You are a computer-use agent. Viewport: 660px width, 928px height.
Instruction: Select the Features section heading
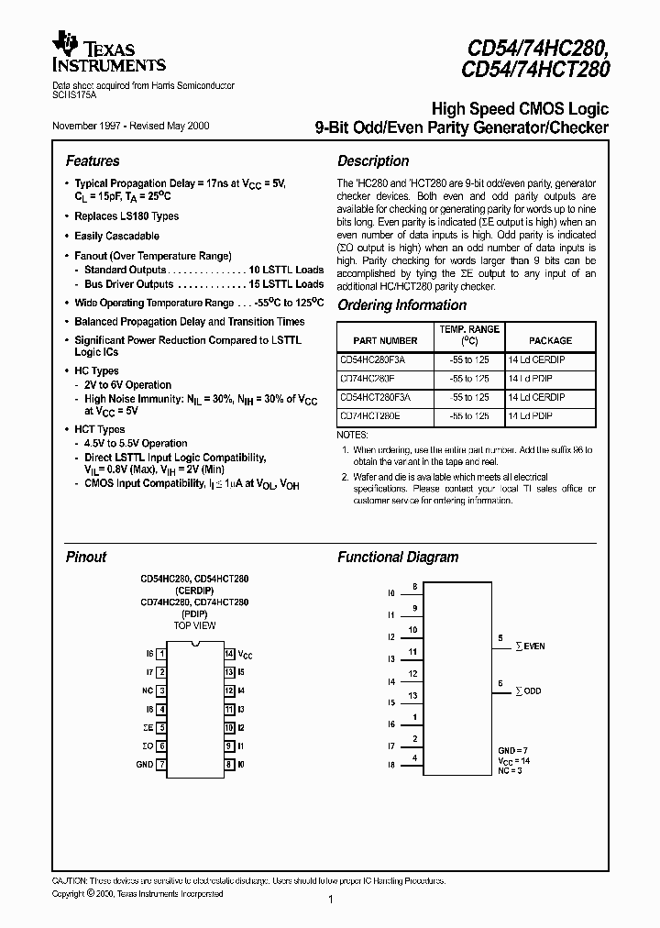[93, 160]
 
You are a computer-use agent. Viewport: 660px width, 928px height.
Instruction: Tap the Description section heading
[372, 160]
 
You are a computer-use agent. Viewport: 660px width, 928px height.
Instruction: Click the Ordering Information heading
[401, 305]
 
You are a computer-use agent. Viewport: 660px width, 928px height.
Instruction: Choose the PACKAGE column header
[550, 340]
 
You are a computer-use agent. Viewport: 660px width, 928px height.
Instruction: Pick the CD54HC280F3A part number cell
[373, 360]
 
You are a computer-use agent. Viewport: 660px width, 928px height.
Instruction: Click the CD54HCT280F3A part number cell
[376, 397]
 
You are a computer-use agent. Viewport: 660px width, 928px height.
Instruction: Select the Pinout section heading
[86, 557]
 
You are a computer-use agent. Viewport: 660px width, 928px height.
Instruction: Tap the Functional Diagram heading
[398, 557]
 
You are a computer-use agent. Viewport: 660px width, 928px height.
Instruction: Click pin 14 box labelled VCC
[229, 654]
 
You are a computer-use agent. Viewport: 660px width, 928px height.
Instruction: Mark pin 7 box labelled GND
[161, 764]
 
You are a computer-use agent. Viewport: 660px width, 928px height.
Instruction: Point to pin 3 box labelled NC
[161, 690]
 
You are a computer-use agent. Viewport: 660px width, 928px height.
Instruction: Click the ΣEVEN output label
[529, 646]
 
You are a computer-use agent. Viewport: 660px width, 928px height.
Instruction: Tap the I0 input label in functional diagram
[390, 593]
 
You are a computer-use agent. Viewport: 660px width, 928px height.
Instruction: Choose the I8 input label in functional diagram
[390, 764]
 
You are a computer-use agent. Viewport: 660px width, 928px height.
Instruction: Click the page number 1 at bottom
[330, 900]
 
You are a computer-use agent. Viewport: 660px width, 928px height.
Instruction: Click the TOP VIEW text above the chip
[195, 625]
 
